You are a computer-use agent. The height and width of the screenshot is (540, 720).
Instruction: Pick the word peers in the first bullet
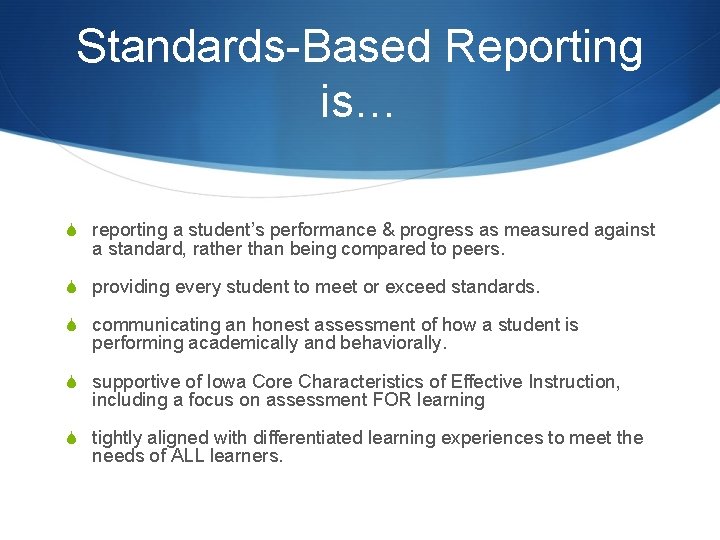(481, 248)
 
